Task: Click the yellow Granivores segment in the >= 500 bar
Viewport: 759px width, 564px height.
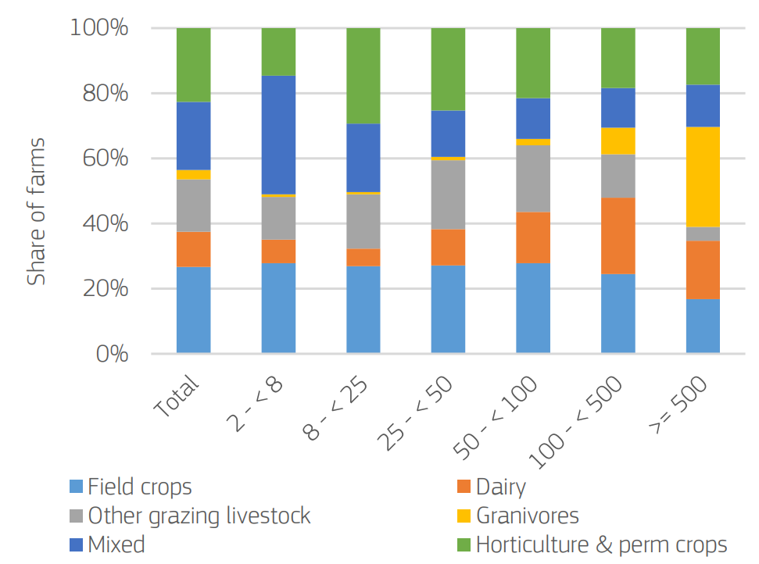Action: (703, 177)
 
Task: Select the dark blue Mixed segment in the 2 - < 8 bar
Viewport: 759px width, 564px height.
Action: (278, 134)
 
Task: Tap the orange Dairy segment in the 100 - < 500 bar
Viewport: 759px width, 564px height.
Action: (618, 236)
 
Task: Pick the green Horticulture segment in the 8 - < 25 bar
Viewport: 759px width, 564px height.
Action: (363, 76)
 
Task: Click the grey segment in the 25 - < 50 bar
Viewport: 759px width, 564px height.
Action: (448, 195)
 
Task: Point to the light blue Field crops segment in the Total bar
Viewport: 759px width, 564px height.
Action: (193, 310)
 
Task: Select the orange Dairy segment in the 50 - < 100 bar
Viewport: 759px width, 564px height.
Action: (533, 237)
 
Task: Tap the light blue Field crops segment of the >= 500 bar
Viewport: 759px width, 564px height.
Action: (703, 327)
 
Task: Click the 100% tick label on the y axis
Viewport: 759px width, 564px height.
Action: (99, 29)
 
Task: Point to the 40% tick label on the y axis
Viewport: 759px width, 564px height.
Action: (106, 224)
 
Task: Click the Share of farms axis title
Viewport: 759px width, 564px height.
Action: (36, 212)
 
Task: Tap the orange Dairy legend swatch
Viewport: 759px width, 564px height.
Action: (463, 487)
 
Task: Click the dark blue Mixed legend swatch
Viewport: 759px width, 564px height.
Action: (75, 544)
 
